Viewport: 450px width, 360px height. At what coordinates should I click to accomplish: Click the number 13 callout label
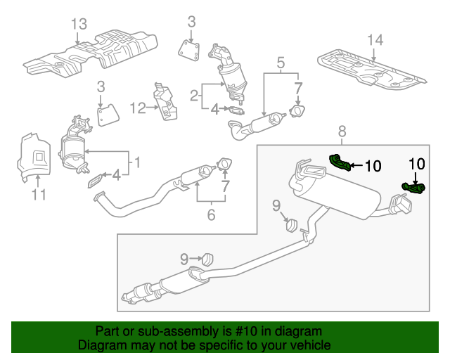[79, 25]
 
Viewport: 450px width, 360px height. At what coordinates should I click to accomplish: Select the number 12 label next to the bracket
[136, 108]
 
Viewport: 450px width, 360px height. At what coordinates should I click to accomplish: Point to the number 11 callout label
[39, 193]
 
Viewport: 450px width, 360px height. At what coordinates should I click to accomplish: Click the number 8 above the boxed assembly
[342, 130]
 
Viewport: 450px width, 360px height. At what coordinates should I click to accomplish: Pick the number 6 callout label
[211, 215]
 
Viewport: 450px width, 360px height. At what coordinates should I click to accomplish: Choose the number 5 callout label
[281, 65]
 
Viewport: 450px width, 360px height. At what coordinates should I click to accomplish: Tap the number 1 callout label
[138, 163]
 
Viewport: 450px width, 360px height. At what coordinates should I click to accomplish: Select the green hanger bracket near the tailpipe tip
[413, 188]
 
